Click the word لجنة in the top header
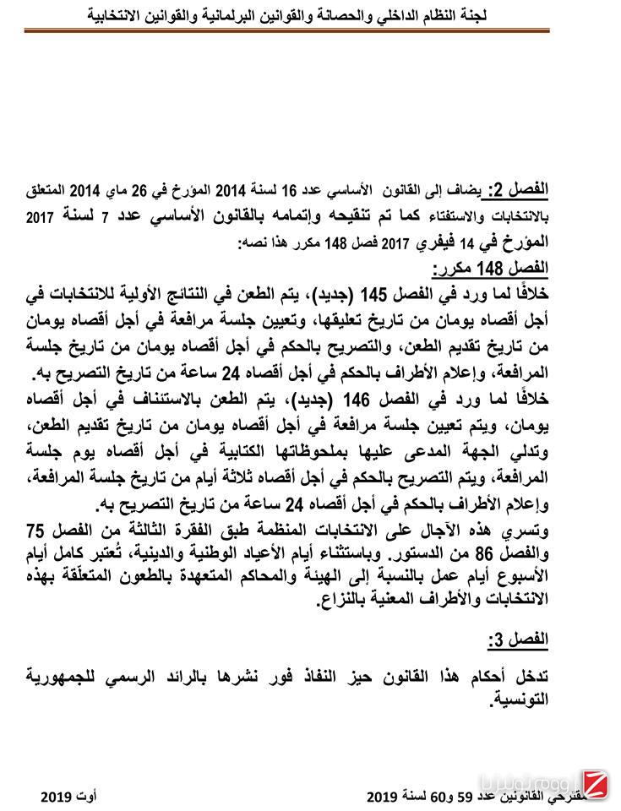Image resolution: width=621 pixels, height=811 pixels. coord(522,14)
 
